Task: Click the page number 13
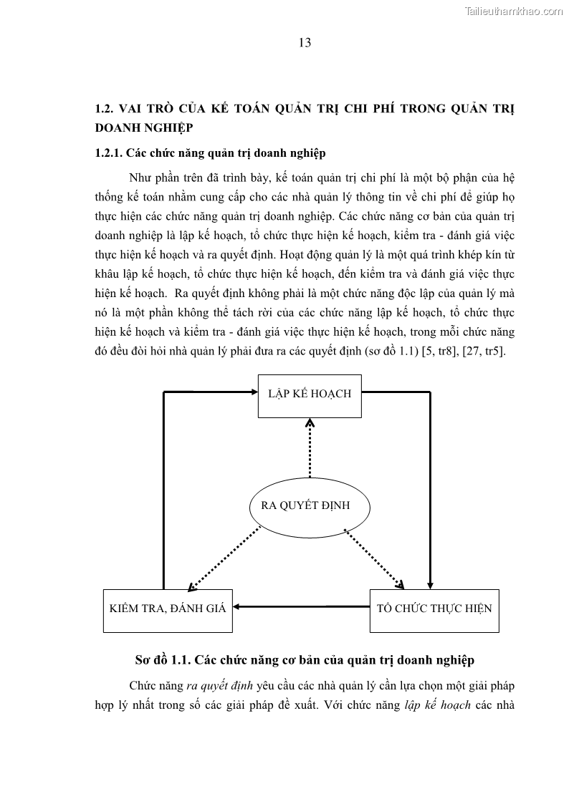tap(305, 43)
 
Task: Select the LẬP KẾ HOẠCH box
tap(310, 394)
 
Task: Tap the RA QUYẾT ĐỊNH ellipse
tap(310, 506)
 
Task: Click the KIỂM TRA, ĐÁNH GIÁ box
tap(168, 609)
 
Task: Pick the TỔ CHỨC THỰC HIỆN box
tap(434, 609)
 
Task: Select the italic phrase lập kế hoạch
tap(437, 704)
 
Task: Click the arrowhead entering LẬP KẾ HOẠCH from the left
tap(252, 391)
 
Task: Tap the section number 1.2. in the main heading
tap(105, 109)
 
